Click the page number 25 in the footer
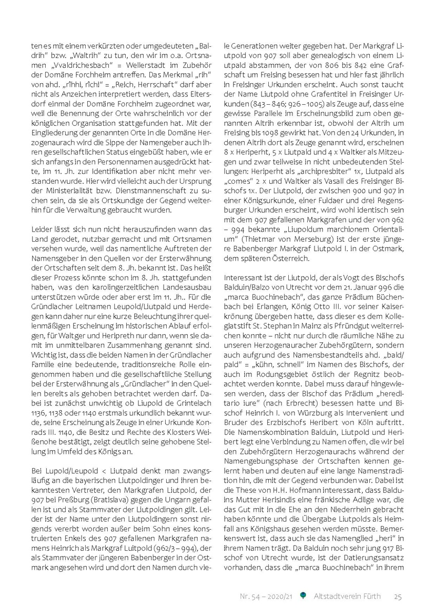tap(398, 596)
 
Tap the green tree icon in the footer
tap(303, 595)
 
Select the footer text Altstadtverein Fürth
tap(347, 596)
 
